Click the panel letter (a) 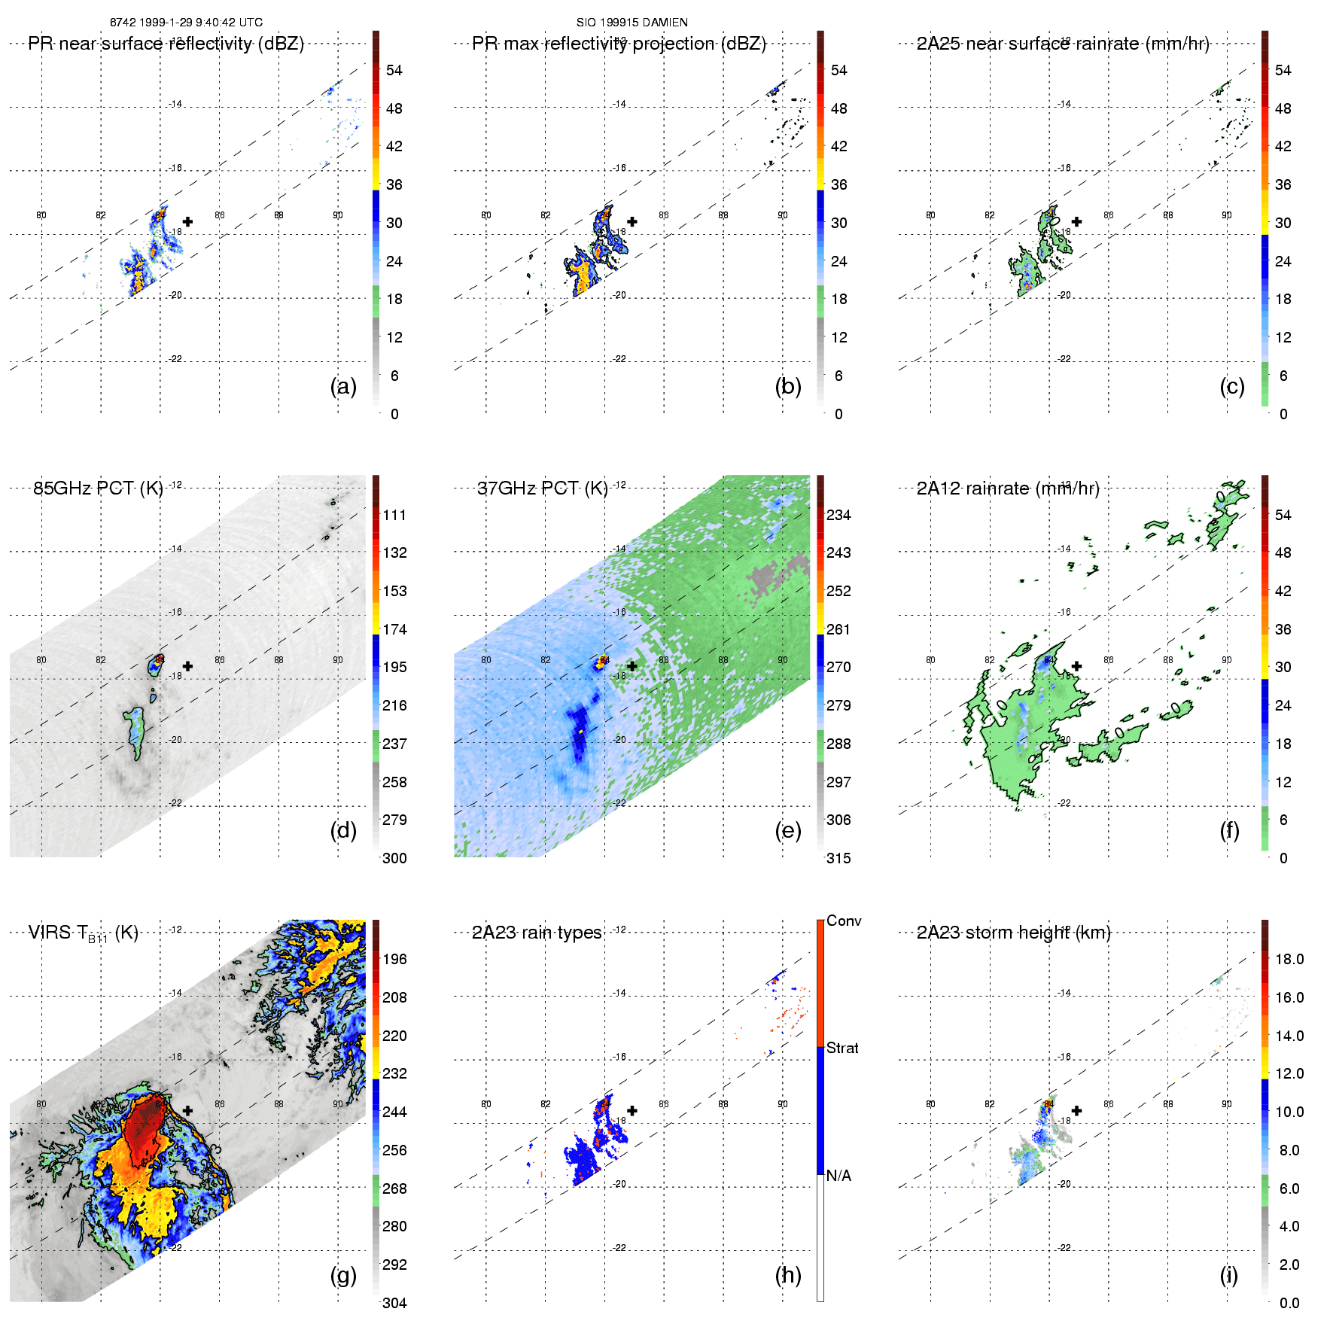pyautogui.click(x=343, y=387)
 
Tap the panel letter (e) pyautogui.click(x=788, y=831)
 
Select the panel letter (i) pyautogui.click(x=1228, y=1275)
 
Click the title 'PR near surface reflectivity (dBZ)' pyautogui.click(x=166, y=44)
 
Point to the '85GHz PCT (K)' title pyautogui.click(x=98, y=488)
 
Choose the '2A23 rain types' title pyautogui.click(x=537, y=933)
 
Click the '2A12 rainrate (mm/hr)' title pyautogui.click(x=1008, y=488)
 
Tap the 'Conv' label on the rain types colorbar pyautogui.click(x=844, y=921)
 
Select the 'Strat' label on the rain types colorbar pyautogui.click(x=842, y=1048)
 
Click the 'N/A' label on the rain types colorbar pyautogui.click(x=838, y=1176)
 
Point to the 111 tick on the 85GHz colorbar pyautogui.click(x=394, y=515)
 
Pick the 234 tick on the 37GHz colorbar pyautogui.click(x=838, y=515)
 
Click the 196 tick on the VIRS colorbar pyautogui.click(x=394, y=959)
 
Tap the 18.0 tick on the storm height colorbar pyautogui.click(x=1289, y=959)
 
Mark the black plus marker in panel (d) pyautogui.click(x=187, y=666)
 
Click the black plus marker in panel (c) pyautogui.click(x=1077, y=221)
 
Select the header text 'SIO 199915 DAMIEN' pyautogui.click(x=632, y=23)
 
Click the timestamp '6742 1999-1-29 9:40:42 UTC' pyautogui.click(x=186, y=23)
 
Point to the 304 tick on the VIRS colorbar pyautogui.click(x=394, y=1303)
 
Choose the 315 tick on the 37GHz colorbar pyautogui.click(x=838, y=858)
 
